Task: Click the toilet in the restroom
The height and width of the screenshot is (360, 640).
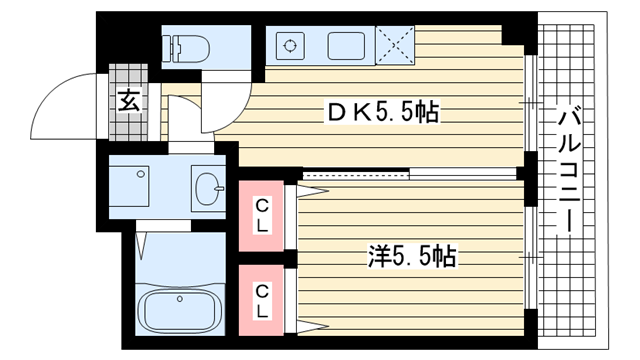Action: pos(186,49)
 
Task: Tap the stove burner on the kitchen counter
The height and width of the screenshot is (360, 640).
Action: pos(290,46)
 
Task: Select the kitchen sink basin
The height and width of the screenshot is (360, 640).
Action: pos(346,46)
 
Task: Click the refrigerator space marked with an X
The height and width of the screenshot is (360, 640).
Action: pos(395,45)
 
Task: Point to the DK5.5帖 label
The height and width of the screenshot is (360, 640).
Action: pos(382,112)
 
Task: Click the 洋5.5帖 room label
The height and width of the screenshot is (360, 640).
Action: pos(412,256)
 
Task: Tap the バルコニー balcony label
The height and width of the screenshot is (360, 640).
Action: pos(569,169)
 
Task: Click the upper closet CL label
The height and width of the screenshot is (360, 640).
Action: pos(262,216)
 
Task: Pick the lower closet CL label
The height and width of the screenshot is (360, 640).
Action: pos(262,302)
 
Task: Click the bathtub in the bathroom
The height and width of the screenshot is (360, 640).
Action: pos(180,310)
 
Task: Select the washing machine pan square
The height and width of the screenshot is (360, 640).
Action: pos(129,186)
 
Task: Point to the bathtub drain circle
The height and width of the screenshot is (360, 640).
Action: pos(180,299)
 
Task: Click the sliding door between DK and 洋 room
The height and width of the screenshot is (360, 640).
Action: pos(409,175)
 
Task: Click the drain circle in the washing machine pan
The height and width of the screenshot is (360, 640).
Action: pos(141,174)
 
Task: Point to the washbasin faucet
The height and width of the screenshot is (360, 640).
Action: pos(220,189)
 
